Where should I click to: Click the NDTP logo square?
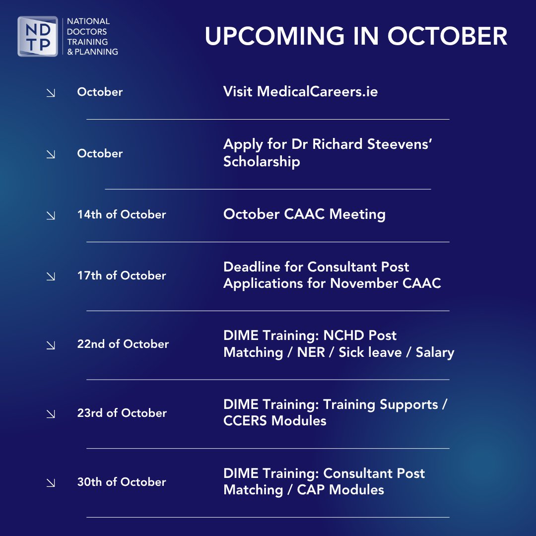click(x=38, y=37)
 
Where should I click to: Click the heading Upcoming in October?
click(x=356, y=36)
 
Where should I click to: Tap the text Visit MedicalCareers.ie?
click(x=300, y=92)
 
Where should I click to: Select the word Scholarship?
click(x=262, y=161)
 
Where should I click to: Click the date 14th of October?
click(x=121, y=214)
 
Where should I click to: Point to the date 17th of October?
click(x=121, y=275)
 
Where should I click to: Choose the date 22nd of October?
click(x=123, y=344)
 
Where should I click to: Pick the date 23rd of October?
click(x=122, y=413)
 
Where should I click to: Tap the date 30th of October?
click(x=121, y=482)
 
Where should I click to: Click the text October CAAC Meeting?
click(x=304, y=214)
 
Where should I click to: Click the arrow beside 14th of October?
click(x=51, y=215)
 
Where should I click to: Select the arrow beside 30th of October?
click(x=51, y=483)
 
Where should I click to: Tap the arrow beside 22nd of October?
click(x=51, y=345)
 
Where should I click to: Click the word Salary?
click(x=435, y=352)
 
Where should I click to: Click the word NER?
click(x=311, y=352)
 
